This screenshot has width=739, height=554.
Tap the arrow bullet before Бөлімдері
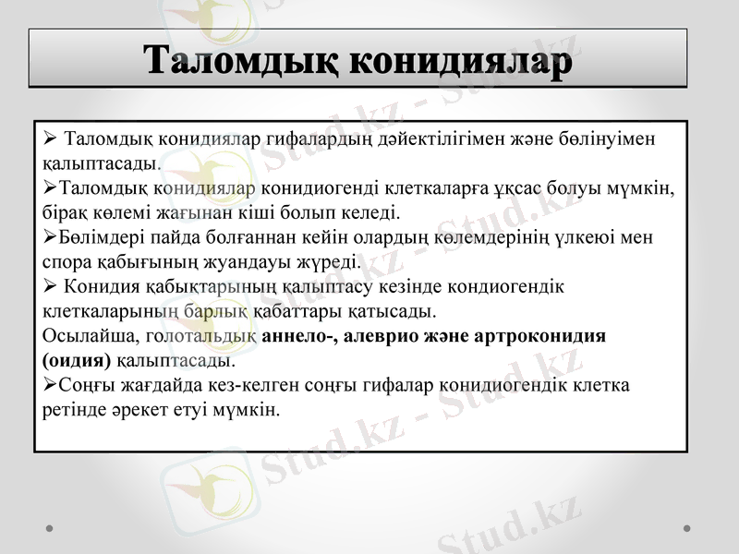[49, 237]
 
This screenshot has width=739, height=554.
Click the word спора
[66, 262]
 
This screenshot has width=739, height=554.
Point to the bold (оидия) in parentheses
[77, 360]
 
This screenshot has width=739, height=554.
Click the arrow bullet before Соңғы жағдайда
[49, 384]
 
